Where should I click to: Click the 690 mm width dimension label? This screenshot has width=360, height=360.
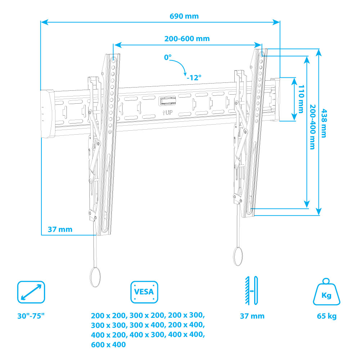pyautogui.click(x=184, y=16)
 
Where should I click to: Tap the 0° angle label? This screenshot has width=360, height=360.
pyautogui.click(x=168, y=58)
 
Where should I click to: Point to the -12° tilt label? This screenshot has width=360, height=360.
pyautogui.click(x=194, y=77)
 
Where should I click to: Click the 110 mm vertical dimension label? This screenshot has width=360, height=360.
pyautogui.click(x=301, y=99)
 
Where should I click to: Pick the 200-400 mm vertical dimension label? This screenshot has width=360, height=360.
pyautogui.click(x=312, y=127)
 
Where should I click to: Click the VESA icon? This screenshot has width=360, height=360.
pyautogui.click(x=144, y=292)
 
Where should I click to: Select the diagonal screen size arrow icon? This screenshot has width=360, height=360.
pyautogui.click(x=31, y=292)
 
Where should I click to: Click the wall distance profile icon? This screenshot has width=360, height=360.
pyautogui.click(x=252, y=290)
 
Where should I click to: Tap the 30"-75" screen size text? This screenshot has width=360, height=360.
pyautogui.click(x=31, y=316)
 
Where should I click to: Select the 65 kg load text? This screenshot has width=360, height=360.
pyautogui.click(x=327, y=316)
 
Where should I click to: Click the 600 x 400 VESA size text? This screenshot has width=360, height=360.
pyautogui.click(x=108, y=345)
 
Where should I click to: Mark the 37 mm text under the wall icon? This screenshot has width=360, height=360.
pyautogui.click(x=252, y=316)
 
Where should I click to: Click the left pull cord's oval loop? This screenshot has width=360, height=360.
pyautogui.click(x=95, y=277)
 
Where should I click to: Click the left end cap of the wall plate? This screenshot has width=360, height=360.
pyautogui.click(x=47, y=113)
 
